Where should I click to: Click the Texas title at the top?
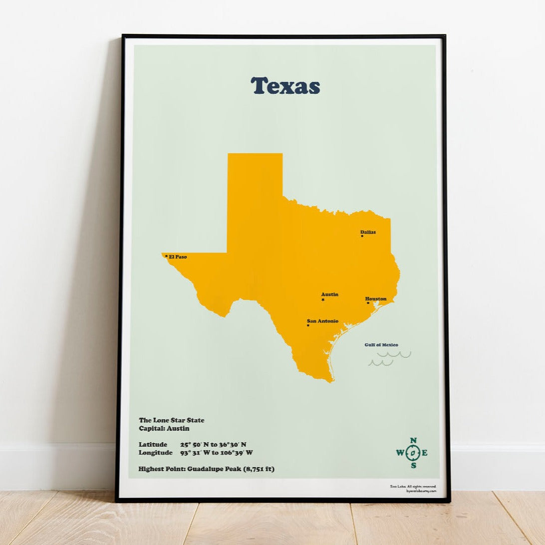[x=285, y=86]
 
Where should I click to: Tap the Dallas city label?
[x=368, y=232]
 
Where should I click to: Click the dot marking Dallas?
[x=362, y=236]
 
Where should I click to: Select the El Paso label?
[x=178, y=257]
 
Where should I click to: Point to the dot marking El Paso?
[x=166, y=256]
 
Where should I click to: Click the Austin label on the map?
[x=329, y=294]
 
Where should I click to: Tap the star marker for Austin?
[x=323, y=300]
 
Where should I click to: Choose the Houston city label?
[x=375, y=299]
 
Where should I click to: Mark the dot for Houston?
[x=368, y=303]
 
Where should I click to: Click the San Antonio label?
[x=322, y=321]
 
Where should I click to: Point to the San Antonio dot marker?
[x=308, y=325]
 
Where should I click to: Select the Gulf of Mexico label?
[x=381, y=345]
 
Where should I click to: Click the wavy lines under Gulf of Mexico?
[x=389, y=358]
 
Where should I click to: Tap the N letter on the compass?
[x=413, y=441]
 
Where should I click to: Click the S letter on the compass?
[x=413, y=466]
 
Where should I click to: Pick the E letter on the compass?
[x=425, y=453]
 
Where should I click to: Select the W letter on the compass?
[x=400, y=453]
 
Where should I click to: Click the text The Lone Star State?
[x=171, y=420]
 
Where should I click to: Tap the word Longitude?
[x=155, y=453]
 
